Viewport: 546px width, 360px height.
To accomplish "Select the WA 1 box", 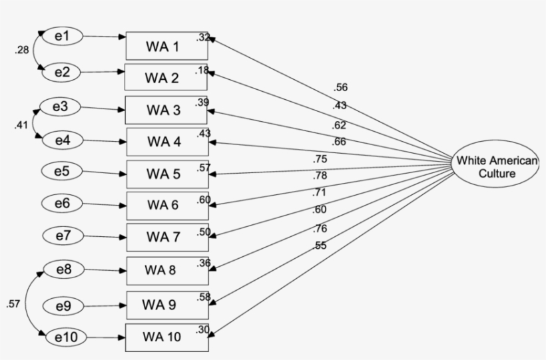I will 166,46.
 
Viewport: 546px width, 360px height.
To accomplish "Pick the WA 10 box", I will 166,337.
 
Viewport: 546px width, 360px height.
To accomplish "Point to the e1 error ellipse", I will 62,37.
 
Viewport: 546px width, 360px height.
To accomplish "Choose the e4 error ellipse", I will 62,140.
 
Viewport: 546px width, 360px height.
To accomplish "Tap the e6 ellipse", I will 62,203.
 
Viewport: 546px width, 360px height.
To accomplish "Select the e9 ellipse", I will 63,306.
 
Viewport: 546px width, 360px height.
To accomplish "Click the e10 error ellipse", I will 63,338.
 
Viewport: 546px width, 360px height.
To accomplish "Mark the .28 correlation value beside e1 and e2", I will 21,51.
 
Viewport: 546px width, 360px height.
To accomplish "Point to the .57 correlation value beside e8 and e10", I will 13,304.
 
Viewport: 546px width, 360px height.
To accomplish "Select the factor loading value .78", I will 321,176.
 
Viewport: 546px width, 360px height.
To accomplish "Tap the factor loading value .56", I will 341,87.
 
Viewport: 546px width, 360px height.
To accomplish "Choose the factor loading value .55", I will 321,246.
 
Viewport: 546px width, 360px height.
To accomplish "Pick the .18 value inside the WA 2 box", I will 201,70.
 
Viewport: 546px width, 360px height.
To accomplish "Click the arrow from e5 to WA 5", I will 104,174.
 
